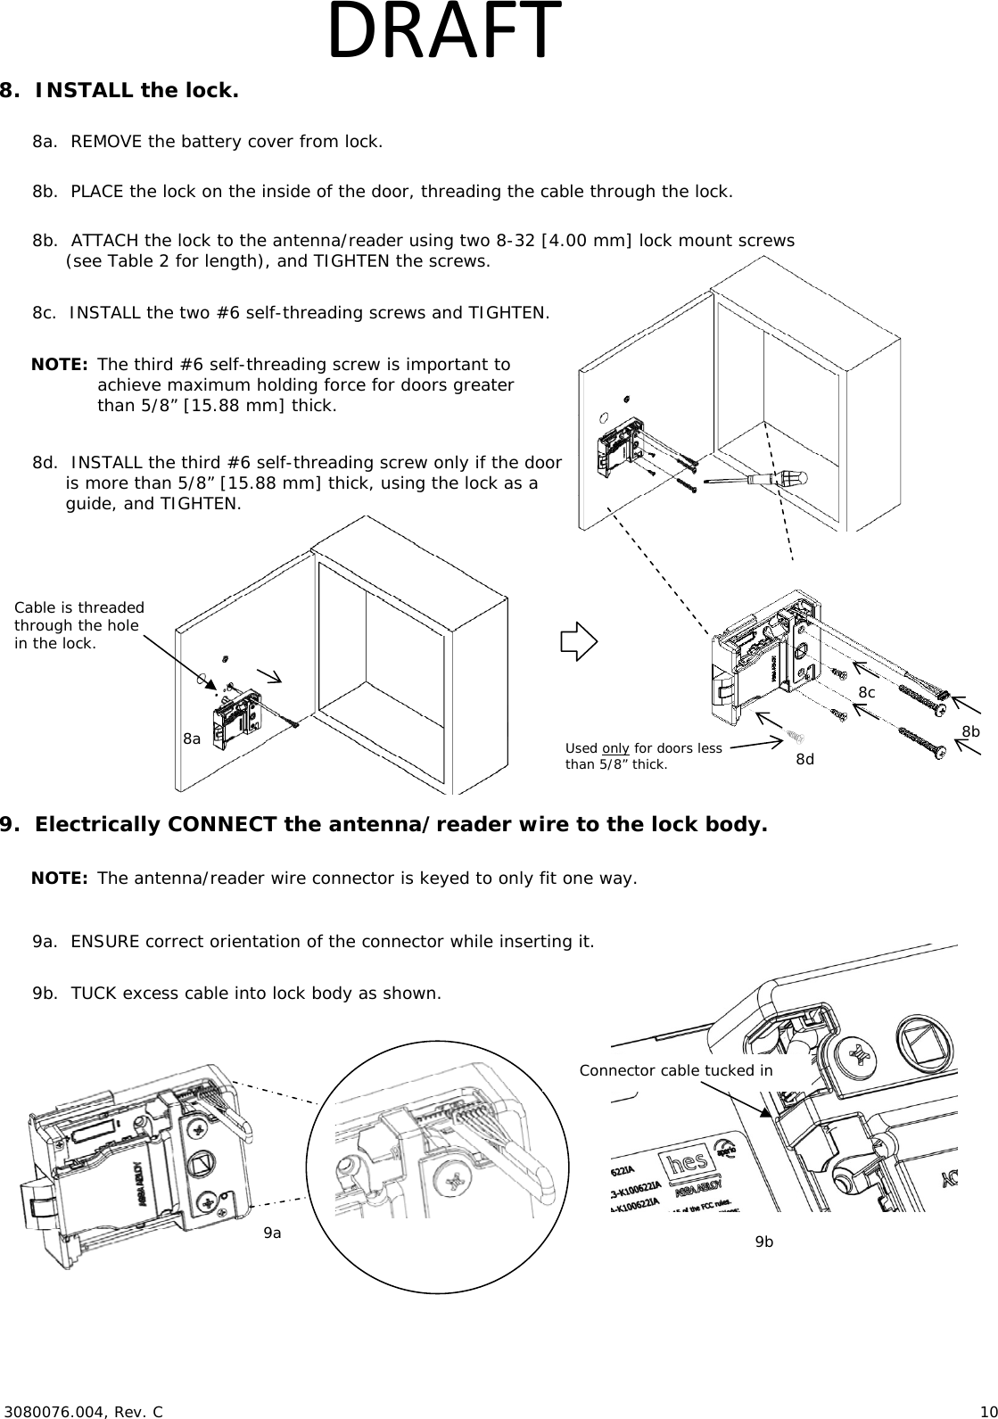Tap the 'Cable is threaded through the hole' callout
click(x=78, y=624)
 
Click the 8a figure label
click(x=192, y=738)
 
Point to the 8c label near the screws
click(x=866, y=692)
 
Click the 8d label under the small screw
click(x=804, y=759)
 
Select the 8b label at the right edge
click(x=970, y=731)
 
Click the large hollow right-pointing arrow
click(x=578, y=641)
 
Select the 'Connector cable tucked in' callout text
click(x=675, y=1070)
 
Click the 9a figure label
click(x=272, y=1233)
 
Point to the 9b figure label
click(x=764, y=1242)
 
